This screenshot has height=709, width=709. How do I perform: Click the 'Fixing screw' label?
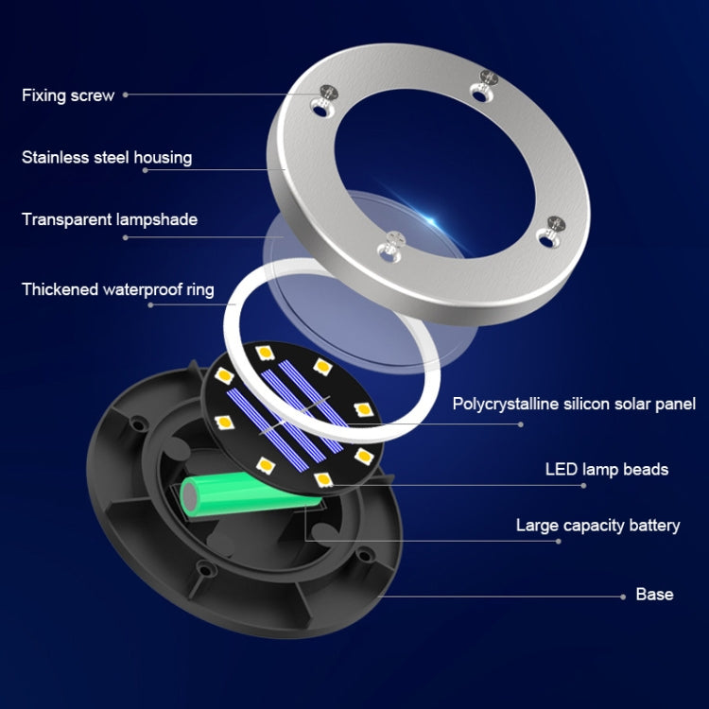(x=68, y=95)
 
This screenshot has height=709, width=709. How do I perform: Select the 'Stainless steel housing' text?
(x=107, y=157)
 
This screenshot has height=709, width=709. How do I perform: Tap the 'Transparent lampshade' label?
(x=110, y=219)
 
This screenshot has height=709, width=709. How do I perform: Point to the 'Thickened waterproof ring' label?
(x=117, y=289)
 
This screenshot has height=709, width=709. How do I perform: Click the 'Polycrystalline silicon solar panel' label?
(x=574, y=404)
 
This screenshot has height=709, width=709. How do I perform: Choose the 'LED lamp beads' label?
(x=607, y=469)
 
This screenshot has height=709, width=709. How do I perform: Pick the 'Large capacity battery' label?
(x=597, y=526)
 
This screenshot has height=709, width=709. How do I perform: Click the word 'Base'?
(x=654, y=595)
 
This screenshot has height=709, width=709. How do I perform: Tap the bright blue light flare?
(x=430, y=221)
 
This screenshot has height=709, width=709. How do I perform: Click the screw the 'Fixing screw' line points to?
(x=328, y=94)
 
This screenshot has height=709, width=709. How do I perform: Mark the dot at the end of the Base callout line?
(x=623, y=597)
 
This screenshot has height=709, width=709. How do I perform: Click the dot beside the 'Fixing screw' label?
(x=125, y=95)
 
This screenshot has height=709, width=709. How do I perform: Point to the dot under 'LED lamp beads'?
(x=583, y=486)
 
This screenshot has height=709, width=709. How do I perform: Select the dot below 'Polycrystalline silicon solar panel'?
(x=521, y=424)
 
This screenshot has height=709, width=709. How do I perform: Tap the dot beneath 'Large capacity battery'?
(x=559, y=542)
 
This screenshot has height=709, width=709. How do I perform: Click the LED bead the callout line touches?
(x=323, y=479)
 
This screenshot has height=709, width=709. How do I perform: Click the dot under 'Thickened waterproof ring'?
(x=150, y=304)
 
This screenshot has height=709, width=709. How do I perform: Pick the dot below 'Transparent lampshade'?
(x=125, y=237)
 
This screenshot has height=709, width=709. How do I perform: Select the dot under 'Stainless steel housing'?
(x=146, y=170)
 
